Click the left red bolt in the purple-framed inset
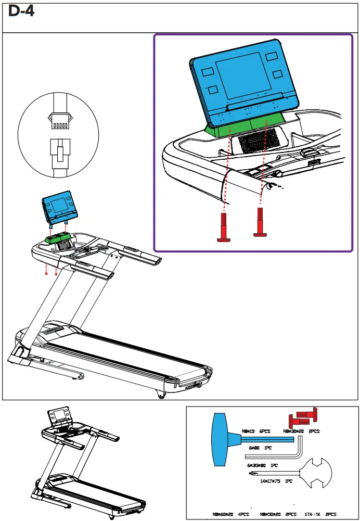pos(224,229)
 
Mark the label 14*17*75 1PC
pos(277,481)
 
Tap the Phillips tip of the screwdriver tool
pos(252,473)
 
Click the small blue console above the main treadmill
pos(59,207)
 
